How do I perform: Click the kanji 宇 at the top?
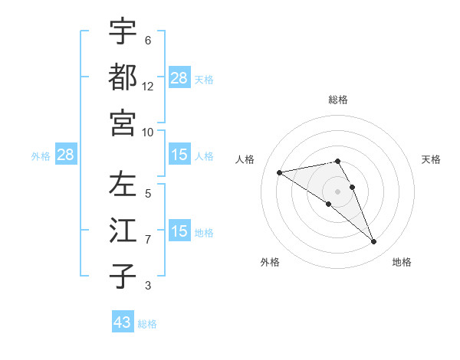click(123, 31)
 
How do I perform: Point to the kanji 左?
click(123, 185)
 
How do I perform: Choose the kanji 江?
click(123, 231)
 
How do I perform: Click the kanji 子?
click(123, 276)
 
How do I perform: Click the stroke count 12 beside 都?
click(148, 87)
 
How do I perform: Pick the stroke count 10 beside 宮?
click(148, 132)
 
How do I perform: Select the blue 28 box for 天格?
click(179, 77)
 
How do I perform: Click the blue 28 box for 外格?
click(66, 155)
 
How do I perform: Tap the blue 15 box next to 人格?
click(179, 155)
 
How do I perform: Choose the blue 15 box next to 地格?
click(179, 231)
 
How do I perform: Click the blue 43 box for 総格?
click(123, 322)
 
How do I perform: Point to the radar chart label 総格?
click(338, 100)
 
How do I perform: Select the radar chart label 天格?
click(432, 159)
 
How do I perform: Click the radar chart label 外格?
click(270, 262)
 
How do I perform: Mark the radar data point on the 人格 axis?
click(280, 172)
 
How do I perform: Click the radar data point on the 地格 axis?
click(373, 241)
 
